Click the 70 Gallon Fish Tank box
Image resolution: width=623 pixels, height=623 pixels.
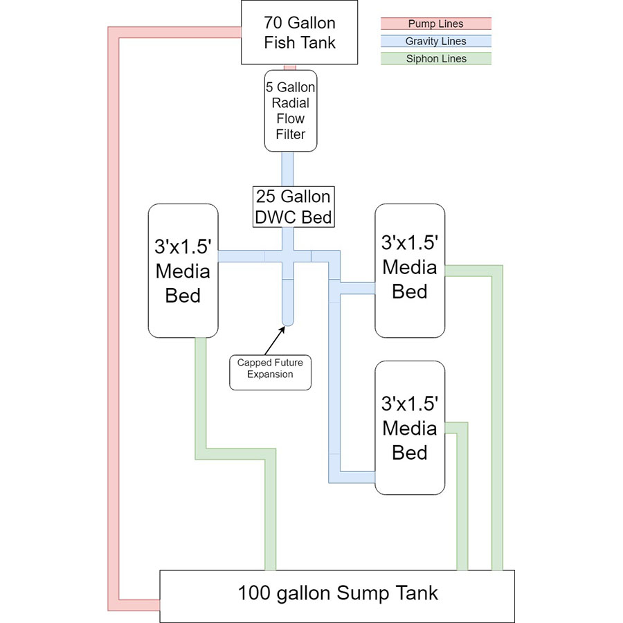click(x=300, y=33)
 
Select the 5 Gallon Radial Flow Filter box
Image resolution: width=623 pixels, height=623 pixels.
click(x=291, y=110)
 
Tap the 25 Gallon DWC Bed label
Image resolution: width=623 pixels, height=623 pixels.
click(x=294, y=206)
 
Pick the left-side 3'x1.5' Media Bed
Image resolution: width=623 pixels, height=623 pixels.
click(x=183, y=271)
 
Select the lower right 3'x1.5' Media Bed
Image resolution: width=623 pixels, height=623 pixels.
click(x=410, y=428)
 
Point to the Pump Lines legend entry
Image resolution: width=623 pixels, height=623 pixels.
click(x=436, y=24)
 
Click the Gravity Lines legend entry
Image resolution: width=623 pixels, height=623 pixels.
click(x=436, y=42)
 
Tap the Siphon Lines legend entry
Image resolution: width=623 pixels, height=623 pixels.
click(x=436, y=59)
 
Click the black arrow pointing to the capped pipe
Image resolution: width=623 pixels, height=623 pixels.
click(x=273, y=337)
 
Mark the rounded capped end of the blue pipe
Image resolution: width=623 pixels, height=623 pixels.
click(x=288, y=320)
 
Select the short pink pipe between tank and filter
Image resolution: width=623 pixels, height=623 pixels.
click(x=291, y=67)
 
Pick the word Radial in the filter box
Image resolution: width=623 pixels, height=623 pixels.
click(x=291, y=103)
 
